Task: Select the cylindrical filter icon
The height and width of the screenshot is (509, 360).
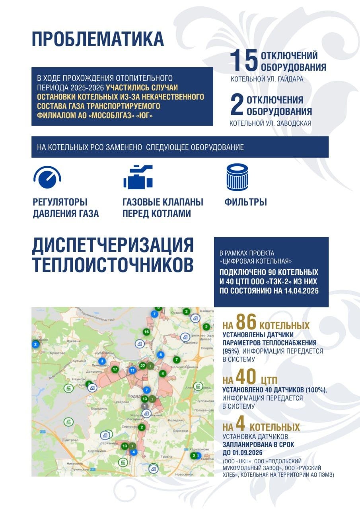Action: coord(237,177)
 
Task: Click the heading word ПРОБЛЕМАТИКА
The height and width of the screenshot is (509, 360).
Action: coord(98,40)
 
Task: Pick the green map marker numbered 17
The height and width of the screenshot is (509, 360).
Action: coord(115,369)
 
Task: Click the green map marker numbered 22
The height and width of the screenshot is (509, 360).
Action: coord(143,365)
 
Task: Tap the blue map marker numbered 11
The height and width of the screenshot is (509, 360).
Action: coord(132,370)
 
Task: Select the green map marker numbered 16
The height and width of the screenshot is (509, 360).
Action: coord(146,332)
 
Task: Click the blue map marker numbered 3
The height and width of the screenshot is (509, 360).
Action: coord(102,361)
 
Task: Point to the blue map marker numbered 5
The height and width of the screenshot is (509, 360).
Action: coord(161,354)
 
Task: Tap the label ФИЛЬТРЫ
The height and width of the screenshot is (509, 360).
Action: coord(245,202)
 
